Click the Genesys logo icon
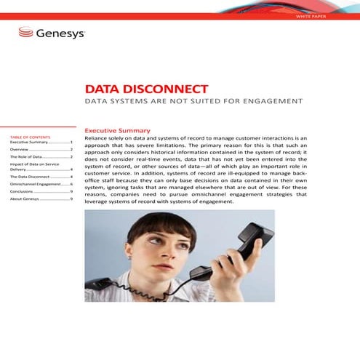[25, 33]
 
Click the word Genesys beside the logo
[60, 33]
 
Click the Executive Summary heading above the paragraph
[117, 130]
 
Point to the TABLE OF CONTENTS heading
[30, 137]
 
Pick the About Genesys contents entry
[26, 199]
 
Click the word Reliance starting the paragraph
[97, 137]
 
